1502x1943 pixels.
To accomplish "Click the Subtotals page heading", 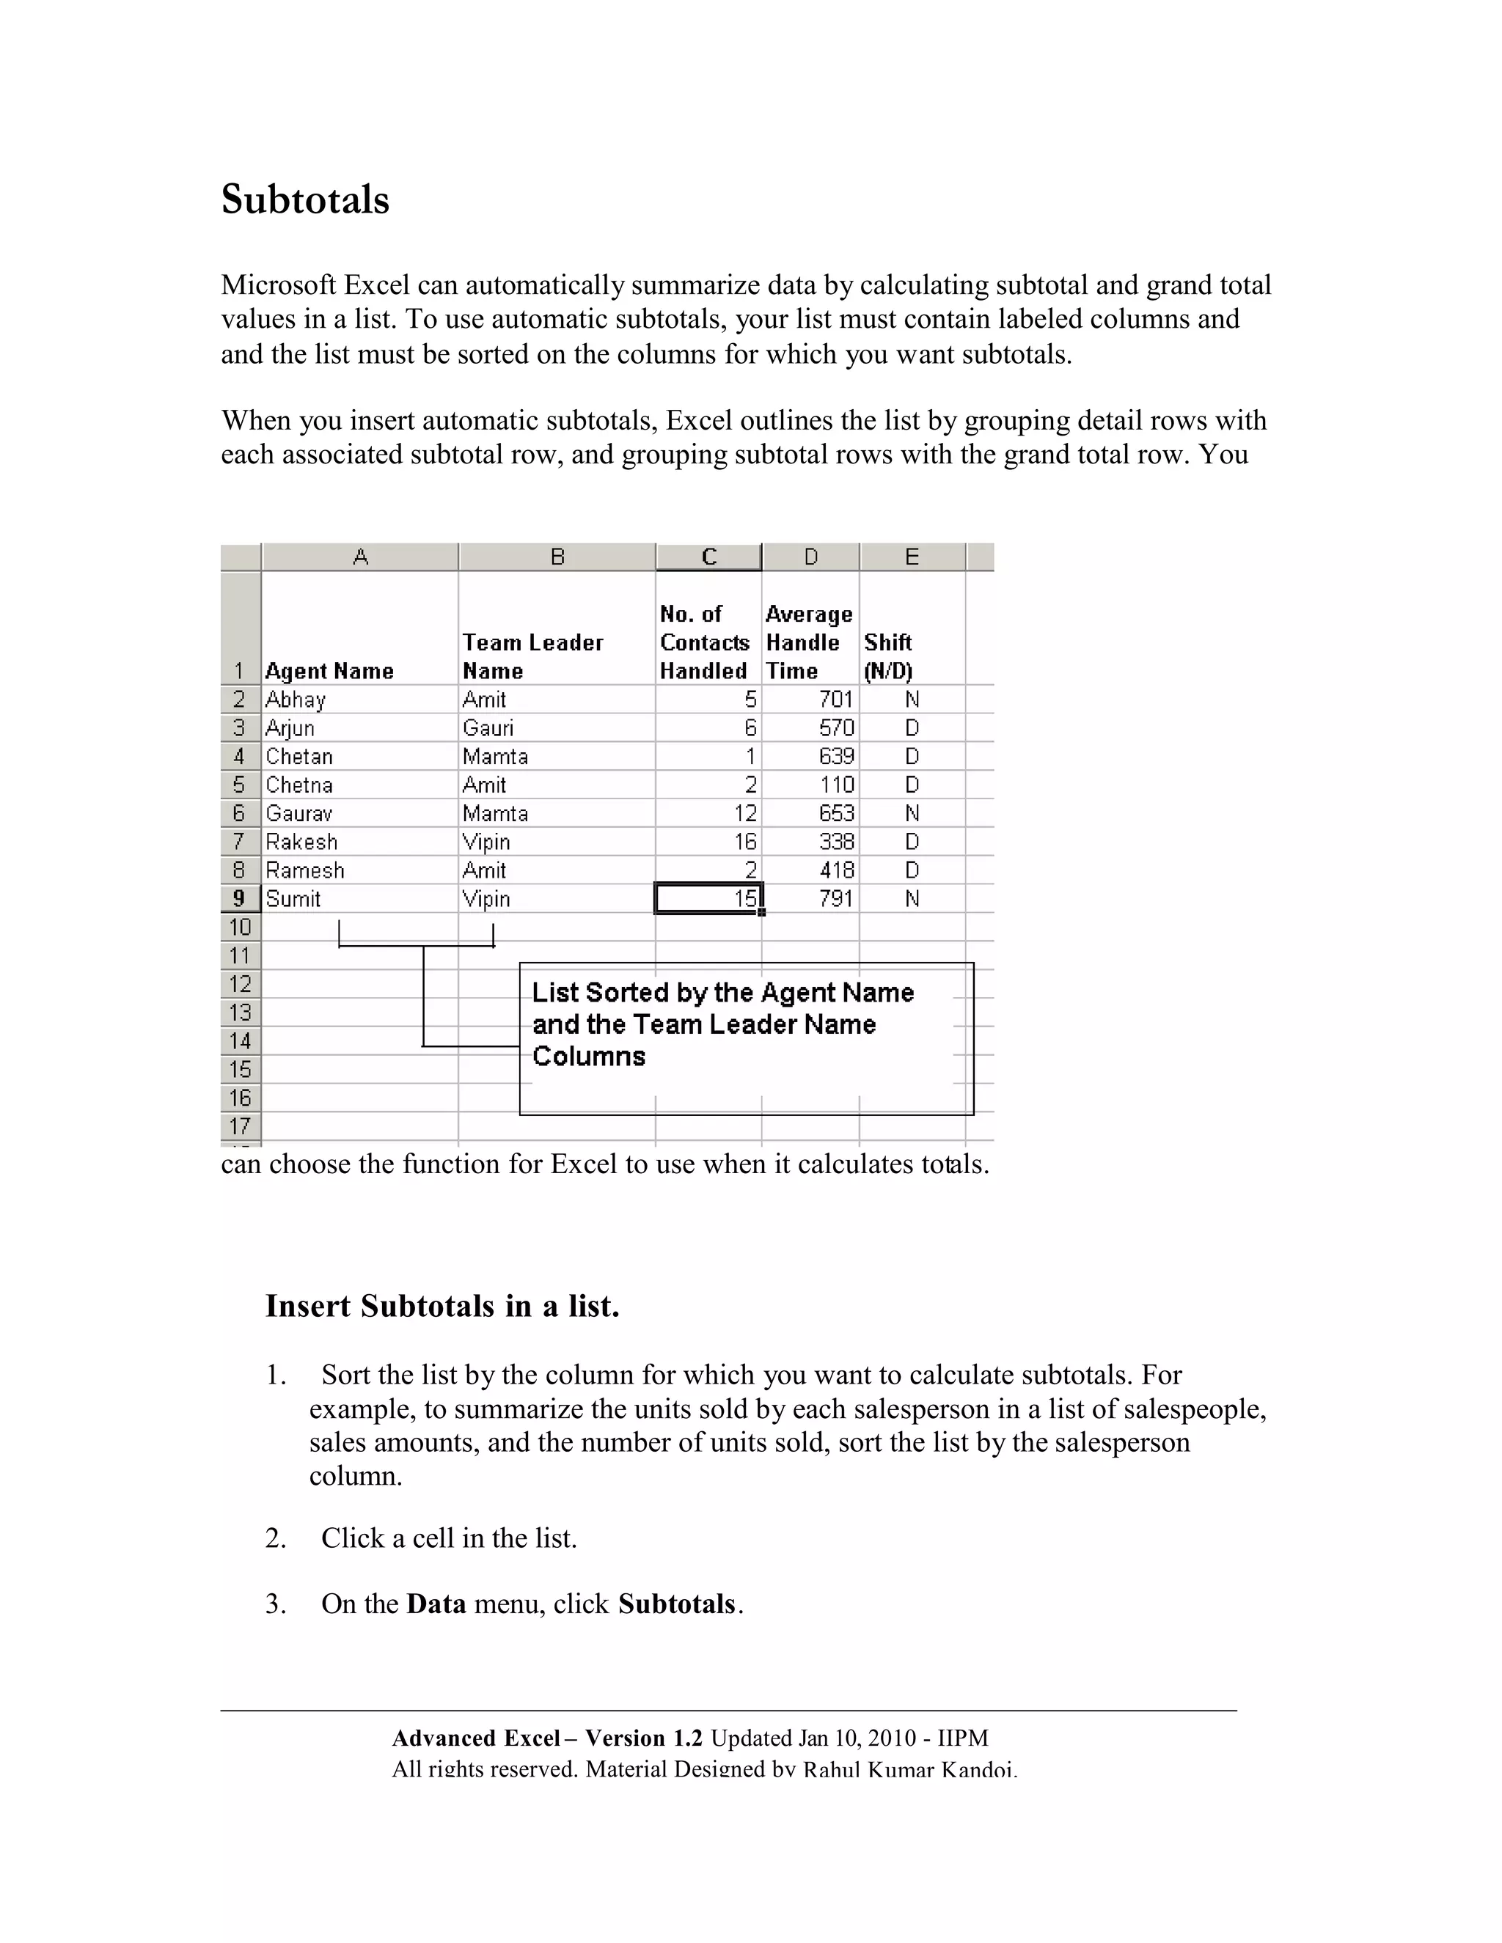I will click(304, 199).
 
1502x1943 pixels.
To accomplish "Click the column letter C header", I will click(708, 557).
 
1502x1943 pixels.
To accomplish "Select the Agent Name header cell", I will click(329, 671).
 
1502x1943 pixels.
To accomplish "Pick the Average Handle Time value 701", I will click(835, 699).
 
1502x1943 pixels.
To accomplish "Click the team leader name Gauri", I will click(488, 728).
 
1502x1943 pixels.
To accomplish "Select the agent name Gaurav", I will click(299, 813).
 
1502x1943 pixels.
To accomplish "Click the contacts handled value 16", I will click(745, 842).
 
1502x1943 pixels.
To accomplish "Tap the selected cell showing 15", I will click(708, 899).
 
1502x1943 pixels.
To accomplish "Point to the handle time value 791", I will click(835, 899).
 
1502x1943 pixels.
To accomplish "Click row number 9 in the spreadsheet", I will click(239, 899).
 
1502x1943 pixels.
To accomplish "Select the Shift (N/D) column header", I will click(888, 656).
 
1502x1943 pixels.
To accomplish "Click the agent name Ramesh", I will click(304, 870).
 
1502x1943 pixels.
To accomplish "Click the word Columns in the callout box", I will click(588, 1056).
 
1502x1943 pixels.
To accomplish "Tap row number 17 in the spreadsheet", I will click(239, 1126).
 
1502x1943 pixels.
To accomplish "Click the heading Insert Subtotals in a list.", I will click(442, 1306).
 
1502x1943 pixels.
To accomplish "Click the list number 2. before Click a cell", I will click(276, 1538).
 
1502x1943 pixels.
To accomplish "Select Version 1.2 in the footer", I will click(643, 1738).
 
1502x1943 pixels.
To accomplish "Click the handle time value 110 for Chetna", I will click(836, 785).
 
